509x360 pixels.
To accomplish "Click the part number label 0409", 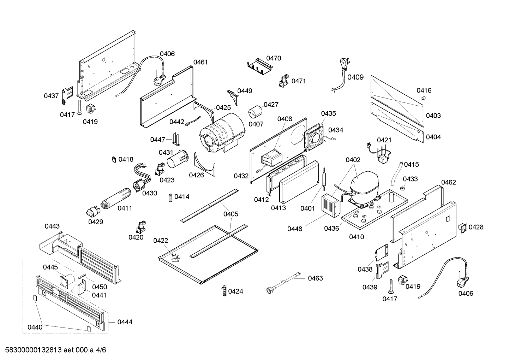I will click(x=355, y=77).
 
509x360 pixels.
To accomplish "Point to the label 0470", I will click(x=274, y=58).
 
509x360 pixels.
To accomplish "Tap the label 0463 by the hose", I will click(x=315, y=278).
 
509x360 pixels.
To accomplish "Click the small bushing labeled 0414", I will click(x=170, y=197).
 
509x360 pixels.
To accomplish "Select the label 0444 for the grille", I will click(x=125, y=322).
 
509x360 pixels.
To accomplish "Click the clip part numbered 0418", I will click(x=114, y=160).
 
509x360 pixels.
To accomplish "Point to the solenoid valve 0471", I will click(x=283, y=82).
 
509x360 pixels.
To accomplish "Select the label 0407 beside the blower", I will click(x=256, y=124).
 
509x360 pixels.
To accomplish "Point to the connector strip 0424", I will click(x=223, y=291).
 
